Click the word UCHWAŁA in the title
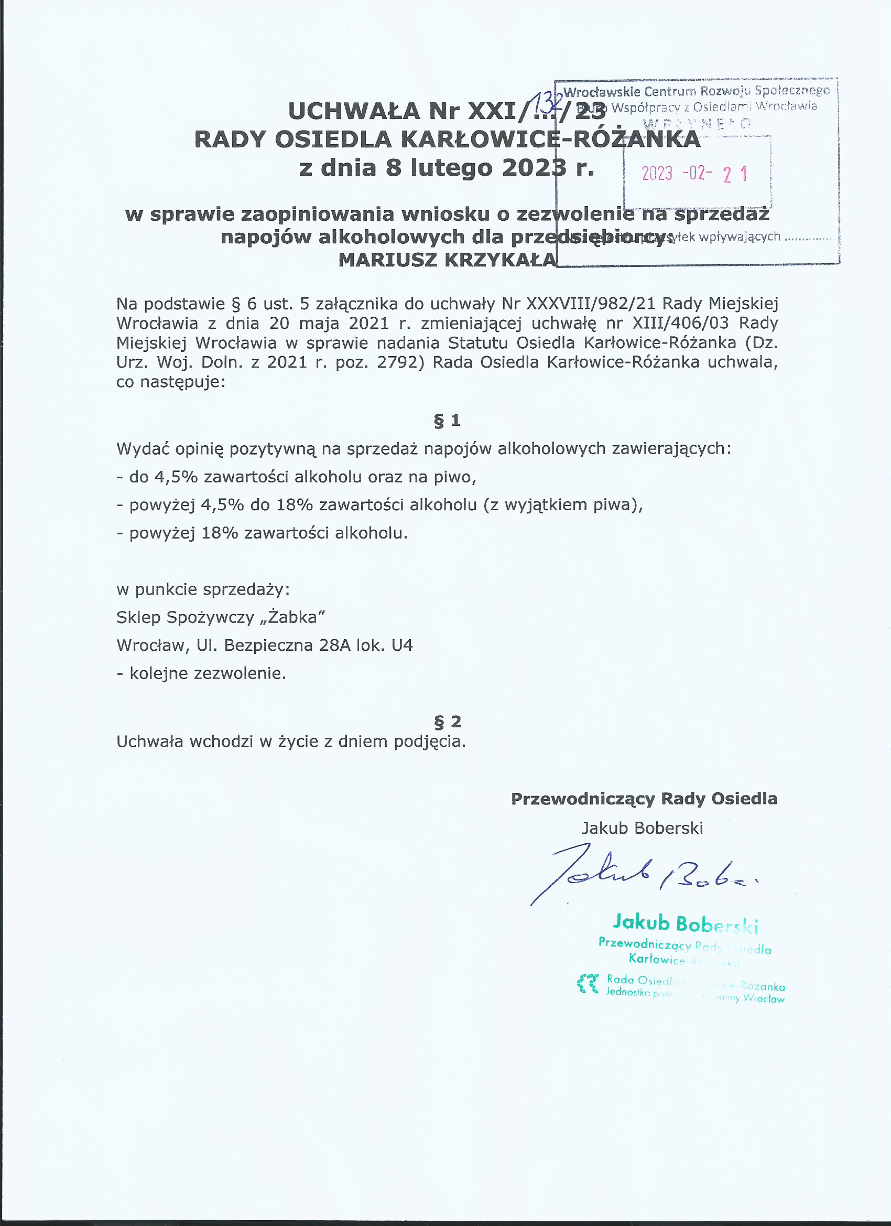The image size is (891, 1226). click(x=354, y=111)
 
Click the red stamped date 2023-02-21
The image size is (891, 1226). click(x=695, y=174)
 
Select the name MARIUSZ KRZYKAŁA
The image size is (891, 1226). click(x=448, y=260)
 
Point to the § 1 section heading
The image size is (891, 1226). click(x=448, y=420)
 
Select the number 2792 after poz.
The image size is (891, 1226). click(x=398, y=362)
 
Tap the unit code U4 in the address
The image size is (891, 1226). click(x=402, y=646)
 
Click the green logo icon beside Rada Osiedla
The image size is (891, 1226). click(x=588, y=984)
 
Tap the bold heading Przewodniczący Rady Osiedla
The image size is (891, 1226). click(x=644, y=799)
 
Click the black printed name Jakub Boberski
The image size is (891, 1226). click(x=643, y=828)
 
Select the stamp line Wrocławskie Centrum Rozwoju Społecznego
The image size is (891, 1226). click(x=697, y=91)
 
